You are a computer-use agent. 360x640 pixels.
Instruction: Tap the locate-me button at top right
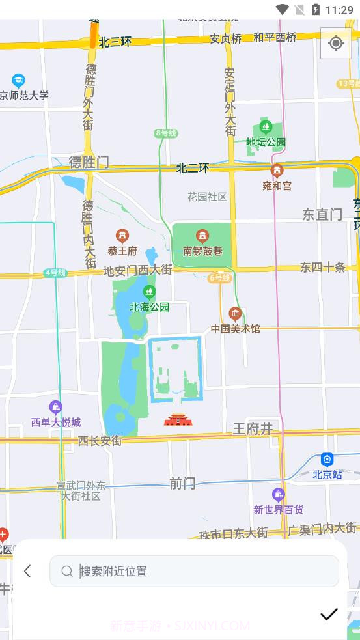(x=336, y=44)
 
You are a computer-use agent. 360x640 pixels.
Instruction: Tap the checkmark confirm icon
(x=329, y=614)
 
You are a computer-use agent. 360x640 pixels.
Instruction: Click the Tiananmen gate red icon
(x=178, y=420)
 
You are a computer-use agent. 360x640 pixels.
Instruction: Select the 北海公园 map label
(x=149, y=307)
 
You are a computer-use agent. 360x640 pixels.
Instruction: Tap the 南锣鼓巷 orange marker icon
(x=202, y=236)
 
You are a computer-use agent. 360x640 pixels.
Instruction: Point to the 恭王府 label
(x=122, y=251)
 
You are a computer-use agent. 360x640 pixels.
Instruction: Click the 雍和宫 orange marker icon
(x=277, y=171)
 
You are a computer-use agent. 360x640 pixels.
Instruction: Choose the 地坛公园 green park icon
(x=265, y=127)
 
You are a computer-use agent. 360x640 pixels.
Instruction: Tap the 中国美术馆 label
(x=235, y=329)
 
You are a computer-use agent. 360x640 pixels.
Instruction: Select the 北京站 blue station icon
(x=327, y=460)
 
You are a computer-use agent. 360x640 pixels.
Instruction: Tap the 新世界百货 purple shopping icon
(x=279, y=495)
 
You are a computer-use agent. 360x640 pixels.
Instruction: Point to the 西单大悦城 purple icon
(x=56, y=408)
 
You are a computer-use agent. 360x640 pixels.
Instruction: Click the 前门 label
(x=182, y=483)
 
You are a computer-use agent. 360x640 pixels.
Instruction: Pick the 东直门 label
(x=322, y=214)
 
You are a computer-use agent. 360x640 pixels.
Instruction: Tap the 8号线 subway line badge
(x=166, y=133)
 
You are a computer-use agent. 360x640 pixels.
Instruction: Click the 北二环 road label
(x=193, y=168)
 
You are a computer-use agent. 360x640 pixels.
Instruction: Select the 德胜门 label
(x=89, y=162)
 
